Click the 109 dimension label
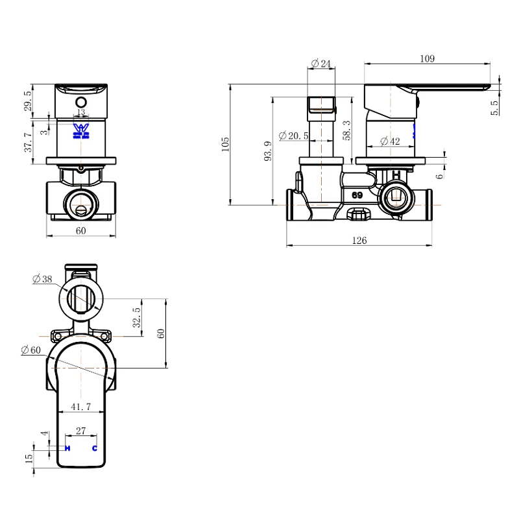(x=426, y=58)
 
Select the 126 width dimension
(x=359, y=241)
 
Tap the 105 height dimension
(x=225, y=143)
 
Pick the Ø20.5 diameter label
(x=293, y=136)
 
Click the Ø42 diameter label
(x=391, y=141)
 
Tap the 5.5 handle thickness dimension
(x=495, y=107)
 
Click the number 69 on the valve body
(x=357, y=195)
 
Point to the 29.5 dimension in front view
(x=28, y=101)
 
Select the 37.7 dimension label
(x=28, y=142)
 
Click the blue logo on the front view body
(x=80, y=130)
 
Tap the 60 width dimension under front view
(x=81, y=231)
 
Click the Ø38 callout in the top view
(x=42, y=279)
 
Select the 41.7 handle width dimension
(x=81, y=406)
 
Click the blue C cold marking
(x=95, y=448)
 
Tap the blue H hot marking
(x=67, y=448)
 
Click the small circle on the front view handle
(x=81, y=102)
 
